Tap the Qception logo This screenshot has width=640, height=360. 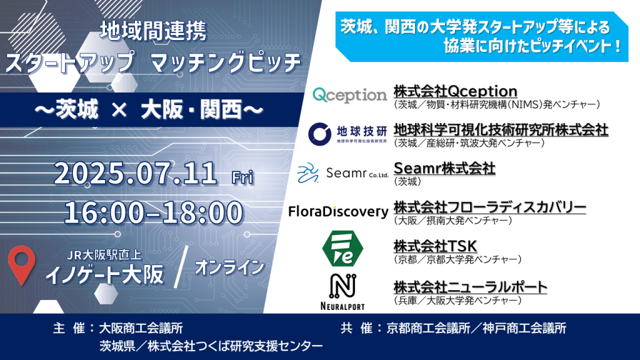(349, 95)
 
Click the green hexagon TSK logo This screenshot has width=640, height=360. (342, 249)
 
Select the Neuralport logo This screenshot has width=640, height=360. (342, 292)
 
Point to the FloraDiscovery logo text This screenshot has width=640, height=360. (338, 211)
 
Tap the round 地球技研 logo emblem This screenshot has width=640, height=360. (319, 134)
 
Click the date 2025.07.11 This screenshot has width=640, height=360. (136, 173)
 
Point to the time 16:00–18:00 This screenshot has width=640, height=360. (154, 212)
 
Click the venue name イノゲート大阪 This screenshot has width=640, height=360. (105, 274)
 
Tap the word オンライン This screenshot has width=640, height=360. (229, 267)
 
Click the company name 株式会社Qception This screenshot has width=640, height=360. (456, 91)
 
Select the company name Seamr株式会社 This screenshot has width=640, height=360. (444, 168)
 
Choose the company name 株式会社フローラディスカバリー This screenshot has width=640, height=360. (490, 207)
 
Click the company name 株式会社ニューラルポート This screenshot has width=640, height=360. (470, 287)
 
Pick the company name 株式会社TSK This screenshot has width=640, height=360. (435, 246)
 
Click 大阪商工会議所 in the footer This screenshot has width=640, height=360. (141, 328)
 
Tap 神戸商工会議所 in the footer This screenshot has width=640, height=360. (524, 328)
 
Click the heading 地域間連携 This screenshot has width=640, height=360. (154, 31)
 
